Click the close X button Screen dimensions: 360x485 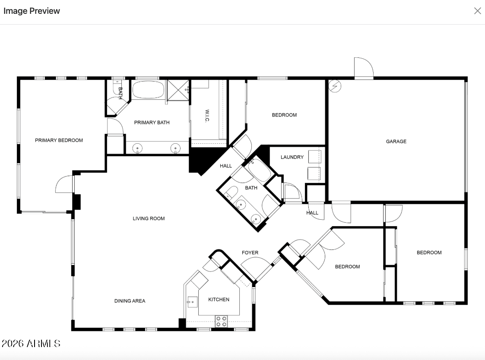pos(477,11)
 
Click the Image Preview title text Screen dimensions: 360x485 pos(32,11)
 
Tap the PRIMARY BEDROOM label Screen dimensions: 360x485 pos(59,140)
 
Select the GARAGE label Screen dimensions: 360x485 pos(396,142)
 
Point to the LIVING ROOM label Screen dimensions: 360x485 pos(149,218)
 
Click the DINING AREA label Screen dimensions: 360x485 pos(130,301)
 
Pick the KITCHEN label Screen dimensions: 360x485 pos(219,300)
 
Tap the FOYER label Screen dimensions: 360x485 pos(250,253)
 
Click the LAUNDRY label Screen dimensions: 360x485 pos(292,157)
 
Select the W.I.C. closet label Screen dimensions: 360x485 pos(207,116)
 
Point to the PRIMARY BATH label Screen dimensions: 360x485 pos(152,123)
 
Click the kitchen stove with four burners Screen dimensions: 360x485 pos(221,321)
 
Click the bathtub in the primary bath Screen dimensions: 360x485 pos(148,90)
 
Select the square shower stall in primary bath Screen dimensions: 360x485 pos(178,90)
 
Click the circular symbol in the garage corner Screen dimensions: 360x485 pos(335,86)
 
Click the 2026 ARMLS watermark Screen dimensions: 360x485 pos(31,344)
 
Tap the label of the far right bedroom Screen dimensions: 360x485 pos(429,253)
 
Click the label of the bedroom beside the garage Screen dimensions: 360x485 pos(284,115)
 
